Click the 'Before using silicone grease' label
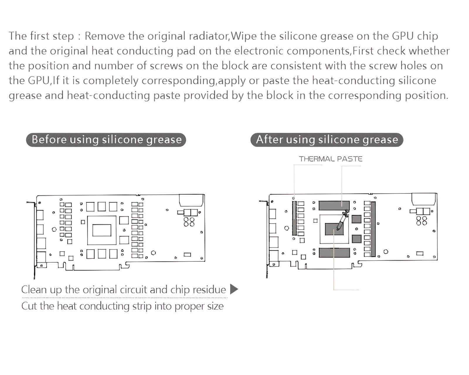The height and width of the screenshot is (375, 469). pos(106,139)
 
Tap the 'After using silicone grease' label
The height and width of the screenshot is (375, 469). pos(327,139)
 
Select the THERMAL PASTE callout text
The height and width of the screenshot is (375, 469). pos(330,159)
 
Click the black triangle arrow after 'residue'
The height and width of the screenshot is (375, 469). pos(234,289)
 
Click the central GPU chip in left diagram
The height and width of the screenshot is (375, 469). pos(102,230)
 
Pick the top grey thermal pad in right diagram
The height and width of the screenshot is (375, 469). pos(334,205)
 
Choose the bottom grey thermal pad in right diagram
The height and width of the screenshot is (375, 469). pos(334,253)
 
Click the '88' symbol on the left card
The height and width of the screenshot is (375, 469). pos(189,222)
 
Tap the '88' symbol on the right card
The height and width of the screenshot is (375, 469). pos(422,221)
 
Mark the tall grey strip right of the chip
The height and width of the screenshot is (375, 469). pos(373,229)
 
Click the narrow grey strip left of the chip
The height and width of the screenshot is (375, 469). pos(294,218)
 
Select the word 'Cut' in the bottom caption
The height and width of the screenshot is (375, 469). pos(29,306)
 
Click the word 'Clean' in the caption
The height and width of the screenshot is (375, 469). pos(34,289)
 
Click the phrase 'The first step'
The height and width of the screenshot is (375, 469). pos(41,36)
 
